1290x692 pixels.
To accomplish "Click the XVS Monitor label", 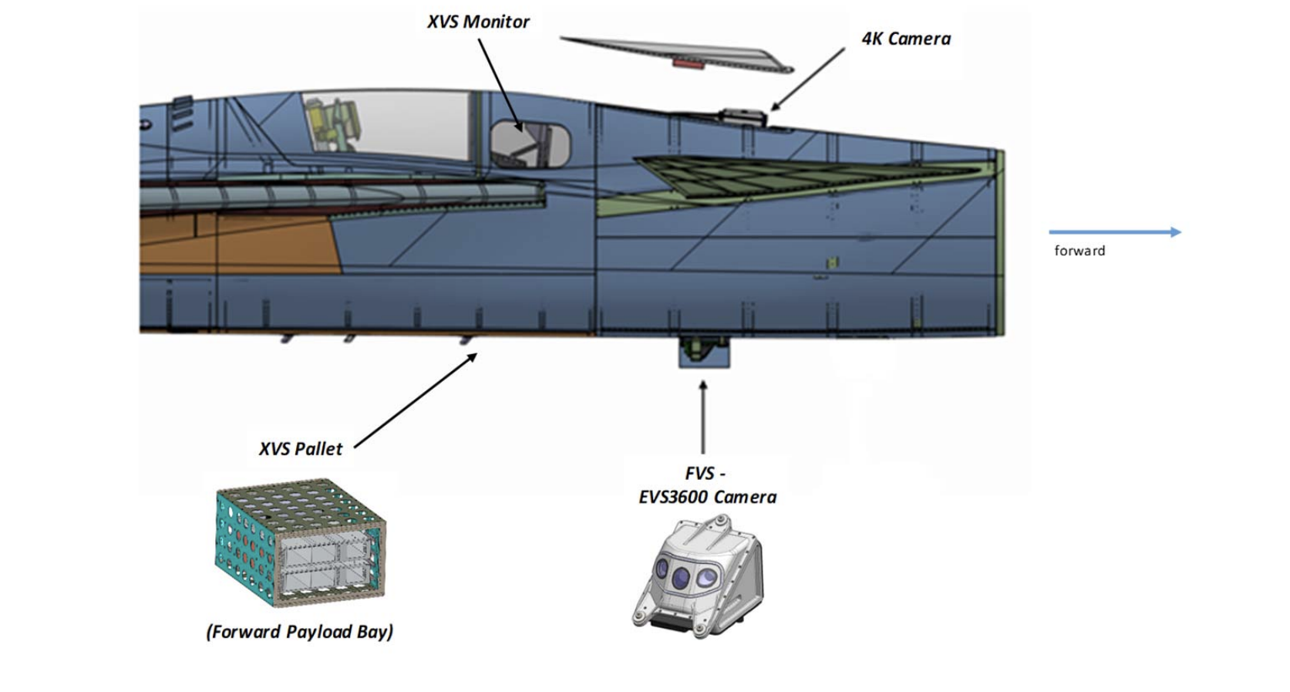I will [x=478, y=22].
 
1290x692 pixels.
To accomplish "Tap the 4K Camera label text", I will [x=905, y=39].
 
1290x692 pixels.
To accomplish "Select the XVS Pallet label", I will [x=300, y=449].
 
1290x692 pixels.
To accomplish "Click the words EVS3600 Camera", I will [x=707, y=497].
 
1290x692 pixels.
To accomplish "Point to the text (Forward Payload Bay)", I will [x=299, y=632].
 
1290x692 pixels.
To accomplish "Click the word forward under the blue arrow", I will [x=1079, y=251].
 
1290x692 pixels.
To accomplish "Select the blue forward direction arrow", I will [x=1114, y=231].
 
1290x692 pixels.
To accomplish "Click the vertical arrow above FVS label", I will [x=702, y=417].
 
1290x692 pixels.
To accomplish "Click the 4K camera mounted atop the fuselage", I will [x=743, y=117].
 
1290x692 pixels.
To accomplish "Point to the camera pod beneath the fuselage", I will [x=703, y=352].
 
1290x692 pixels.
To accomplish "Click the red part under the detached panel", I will [x=688, y=63].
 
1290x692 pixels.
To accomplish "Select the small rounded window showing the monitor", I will [x=530, y=143].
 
